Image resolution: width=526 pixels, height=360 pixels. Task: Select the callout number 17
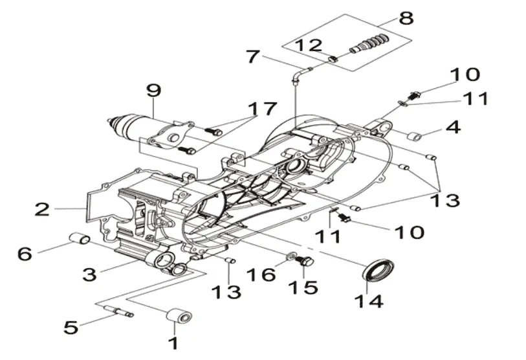pos(262,109)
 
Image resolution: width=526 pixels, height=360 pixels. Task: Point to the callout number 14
pos(369,300)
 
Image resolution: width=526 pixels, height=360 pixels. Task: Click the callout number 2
pos(42,209)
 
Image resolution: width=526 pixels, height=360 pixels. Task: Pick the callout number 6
pos(25,253)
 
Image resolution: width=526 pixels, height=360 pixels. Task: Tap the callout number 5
pos(71,326)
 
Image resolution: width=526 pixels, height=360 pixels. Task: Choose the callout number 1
pos(173,343)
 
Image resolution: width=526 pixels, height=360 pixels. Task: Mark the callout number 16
pos(261,275)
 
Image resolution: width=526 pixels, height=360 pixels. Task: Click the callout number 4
pos(453,127)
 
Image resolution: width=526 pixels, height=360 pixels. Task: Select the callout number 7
pos(253,56)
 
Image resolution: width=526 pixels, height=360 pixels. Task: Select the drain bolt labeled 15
pos(305,261)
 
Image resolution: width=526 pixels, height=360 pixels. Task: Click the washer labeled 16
pos(290,257)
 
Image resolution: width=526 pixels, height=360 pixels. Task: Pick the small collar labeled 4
pos(414,137)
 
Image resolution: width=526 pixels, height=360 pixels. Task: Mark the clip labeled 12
pos(332,60)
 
